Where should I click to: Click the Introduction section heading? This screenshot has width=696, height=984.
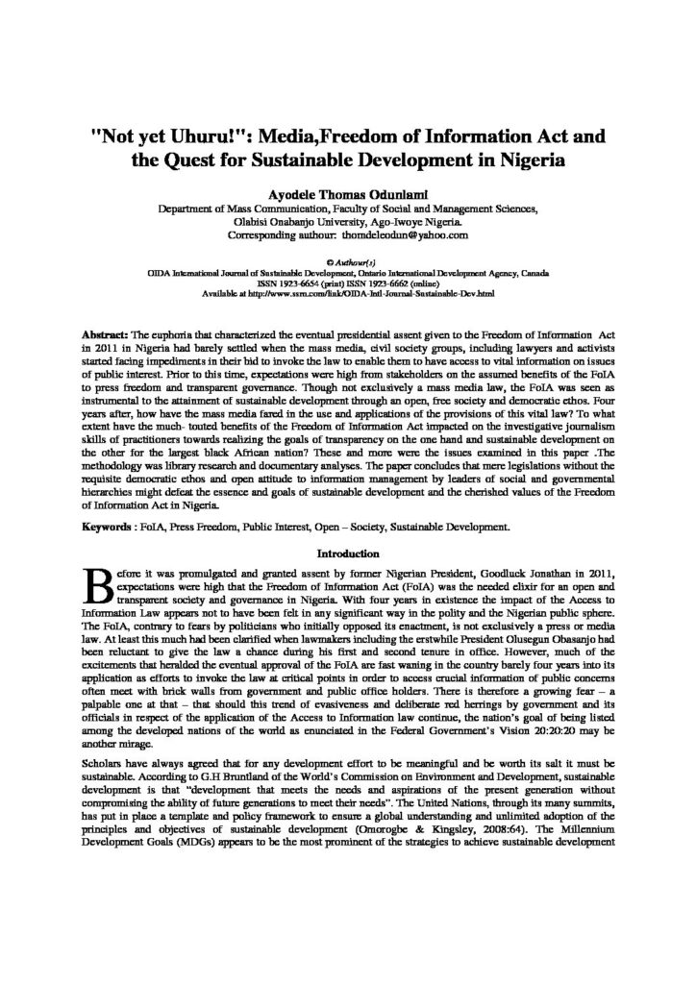(x=348, y=553)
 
